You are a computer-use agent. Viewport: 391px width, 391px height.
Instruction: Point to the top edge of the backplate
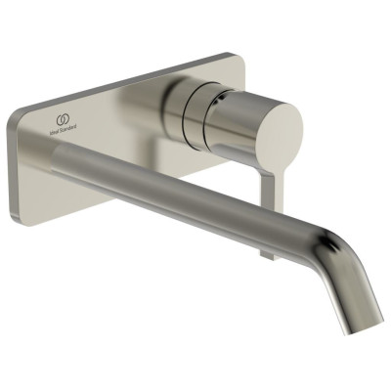click(127, 78)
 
